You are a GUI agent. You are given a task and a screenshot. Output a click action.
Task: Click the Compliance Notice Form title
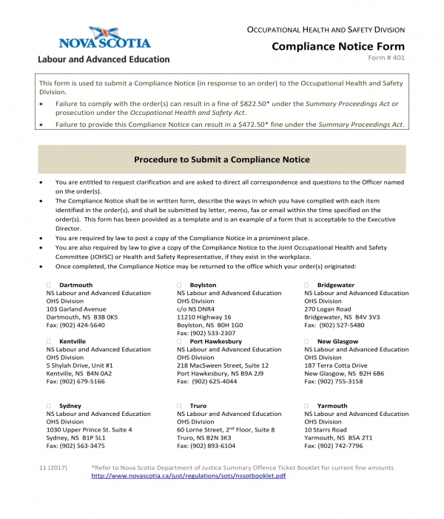[x=338, y=46]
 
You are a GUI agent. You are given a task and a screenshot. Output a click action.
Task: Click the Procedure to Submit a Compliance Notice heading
[x=221, y=159]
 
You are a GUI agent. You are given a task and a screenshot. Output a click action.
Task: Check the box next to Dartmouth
[x=49, y=285]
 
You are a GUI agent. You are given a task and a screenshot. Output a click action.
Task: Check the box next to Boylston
[x=180, y=285]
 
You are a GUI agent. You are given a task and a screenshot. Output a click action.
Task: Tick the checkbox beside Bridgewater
[x=307, y=285]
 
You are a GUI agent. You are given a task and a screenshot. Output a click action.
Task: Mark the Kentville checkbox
[x=49, y=341]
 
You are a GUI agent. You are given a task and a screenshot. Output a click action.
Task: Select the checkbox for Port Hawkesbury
[x=180, y=341]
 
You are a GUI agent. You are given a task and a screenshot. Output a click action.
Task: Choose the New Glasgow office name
[x=337, y=341]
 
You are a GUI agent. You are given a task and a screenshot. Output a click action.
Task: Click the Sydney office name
[x=70, y=406]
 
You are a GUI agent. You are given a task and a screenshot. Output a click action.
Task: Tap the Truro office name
[x=198, y=406]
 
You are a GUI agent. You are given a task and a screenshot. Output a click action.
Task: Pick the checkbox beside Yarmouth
[x=307, y=406]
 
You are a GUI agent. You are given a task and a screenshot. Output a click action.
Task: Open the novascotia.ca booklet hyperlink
[x=188, y=475]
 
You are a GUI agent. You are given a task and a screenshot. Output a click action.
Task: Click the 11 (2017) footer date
[x=53, y=467]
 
